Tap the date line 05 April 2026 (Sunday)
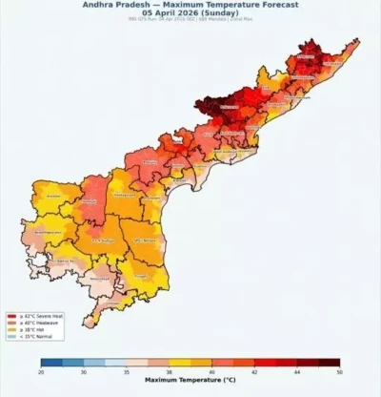[x=190, y=12]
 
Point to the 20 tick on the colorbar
[x=42, y=370]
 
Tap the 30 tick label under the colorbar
[x=84, y=370]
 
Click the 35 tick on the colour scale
[x=127, y=370]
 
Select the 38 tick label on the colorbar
[x=169, y=370]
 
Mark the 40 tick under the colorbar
[x=211, y=370]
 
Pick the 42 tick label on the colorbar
[x=253, y=370]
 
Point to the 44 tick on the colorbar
[x=296, y=370]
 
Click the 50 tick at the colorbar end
[x=338, y=370]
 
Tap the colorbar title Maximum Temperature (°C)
[x=190, y=380]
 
